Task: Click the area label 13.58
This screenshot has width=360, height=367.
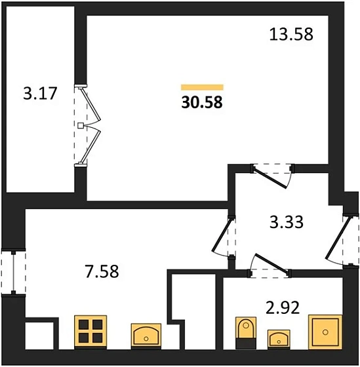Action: (291, 34)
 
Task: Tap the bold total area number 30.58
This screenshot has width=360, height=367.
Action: (202, 102)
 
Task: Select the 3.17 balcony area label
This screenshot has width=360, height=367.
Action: (40, 93)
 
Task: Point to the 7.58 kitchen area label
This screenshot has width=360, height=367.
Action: (102, 271)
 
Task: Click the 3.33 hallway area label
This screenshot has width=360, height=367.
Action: (287, 222)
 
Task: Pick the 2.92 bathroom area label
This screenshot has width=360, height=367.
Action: (283, 307)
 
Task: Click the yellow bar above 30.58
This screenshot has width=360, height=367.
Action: (202, 87)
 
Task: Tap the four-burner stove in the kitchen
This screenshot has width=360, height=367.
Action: (90, 331)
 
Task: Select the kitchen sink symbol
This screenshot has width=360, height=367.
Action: (146, 335)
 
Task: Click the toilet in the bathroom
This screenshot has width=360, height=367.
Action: (246, 333)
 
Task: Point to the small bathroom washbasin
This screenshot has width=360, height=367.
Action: (279, 339)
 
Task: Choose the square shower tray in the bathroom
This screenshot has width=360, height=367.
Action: (325, 332)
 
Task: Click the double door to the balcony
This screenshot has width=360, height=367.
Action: (87, 126)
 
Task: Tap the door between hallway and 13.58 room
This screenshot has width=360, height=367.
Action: (272, 176)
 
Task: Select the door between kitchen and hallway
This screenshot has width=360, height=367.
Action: (224, 237)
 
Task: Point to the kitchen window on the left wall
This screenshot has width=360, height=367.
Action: (13, 272)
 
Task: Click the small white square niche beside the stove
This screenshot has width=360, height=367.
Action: (39, 336)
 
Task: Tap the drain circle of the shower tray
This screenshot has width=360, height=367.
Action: (325, 332)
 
